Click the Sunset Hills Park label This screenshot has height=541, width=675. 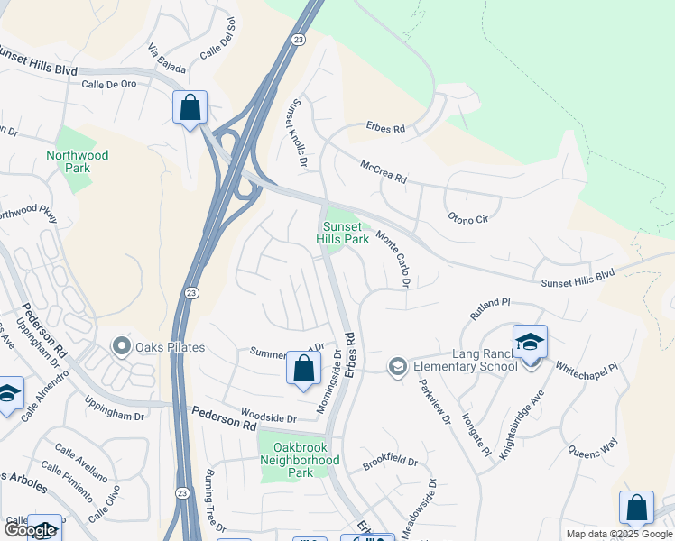click(342, 233)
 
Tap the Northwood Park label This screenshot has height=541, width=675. click(78, 161)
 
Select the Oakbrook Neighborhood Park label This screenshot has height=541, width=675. click(300, 460)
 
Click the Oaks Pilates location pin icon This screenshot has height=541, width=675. click(120, 347)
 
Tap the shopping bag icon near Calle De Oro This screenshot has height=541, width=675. click(190, 108)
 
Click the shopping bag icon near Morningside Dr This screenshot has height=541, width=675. click(303, 368)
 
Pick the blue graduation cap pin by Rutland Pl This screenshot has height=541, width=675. click(530, 343)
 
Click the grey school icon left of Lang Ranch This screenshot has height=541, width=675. click(396, 366)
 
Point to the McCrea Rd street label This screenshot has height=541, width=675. click(384, 172)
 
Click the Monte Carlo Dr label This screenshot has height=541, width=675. click(393, 260)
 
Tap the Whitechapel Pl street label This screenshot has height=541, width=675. click(587, 369)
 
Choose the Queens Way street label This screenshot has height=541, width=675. click(592, 449)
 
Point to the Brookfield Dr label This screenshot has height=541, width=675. click(391, 463)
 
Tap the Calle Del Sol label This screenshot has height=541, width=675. click(217, 38)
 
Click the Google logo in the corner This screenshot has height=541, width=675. click(30, 530)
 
